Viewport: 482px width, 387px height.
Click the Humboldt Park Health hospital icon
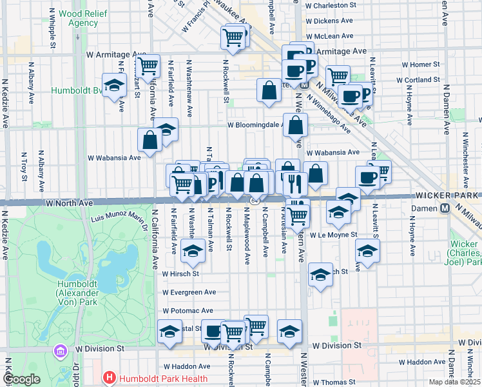110,378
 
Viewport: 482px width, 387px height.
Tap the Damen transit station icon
445,208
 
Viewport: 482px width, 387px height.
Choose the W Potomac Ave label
188,310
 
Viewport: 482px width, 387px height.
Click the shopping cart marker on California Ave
149,66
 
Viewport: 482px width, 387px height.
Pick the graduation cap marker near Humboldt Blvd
114,86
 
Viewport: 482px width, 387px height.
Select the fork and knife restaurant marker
293,183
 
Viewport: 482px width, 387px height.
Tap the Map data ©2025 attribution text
454,382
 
